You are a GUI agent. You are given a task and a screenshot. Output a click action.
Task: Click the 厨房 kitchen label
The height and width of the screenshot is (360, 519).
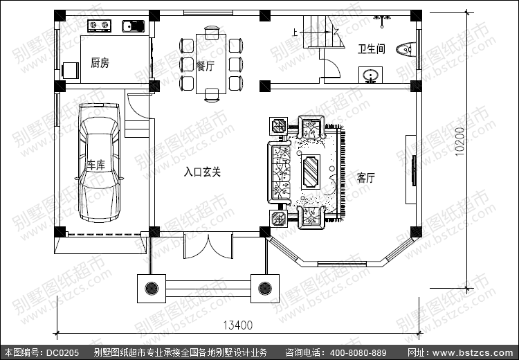(100, 63)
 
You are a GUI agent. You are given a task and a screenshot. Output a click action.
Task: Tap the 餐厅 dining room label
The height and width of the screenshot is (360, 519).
(205, 66)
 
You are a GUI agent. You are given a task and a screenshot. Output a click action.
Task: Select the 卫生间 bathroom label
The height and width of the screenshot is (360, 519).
(371, 49)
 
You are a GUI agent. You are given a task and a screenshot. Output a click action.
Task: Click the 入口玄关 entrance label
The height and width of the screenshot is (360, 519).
(202, 172)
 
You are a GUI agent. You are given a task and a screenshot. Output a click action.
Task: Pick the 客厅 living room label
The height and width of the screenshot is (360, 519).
(365, 177)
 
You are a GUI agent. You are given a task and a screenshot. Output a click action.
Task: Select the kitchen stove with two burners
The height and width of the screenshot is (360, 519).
(99, 27)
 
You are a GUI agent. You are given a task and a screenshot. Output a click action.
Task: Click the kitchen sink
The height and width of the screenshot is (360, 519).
(131, 27)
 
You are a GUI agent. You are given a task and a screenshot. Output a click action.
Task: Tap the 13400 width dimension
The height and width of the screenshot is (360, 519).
(237, 324)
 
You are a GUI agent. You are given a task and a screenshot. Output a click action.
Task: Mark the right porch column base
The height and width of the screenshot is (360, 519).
(264, 286)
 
